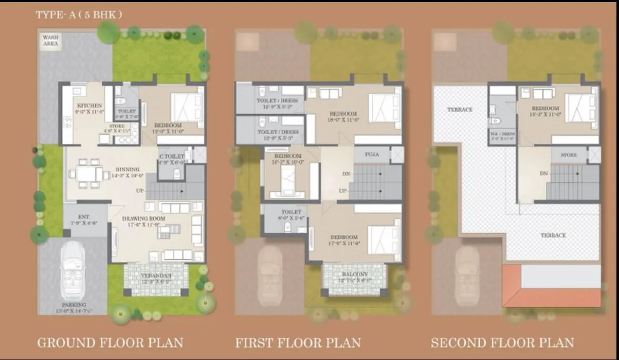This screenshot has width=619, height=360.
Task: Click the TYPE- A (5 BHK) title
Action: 79,15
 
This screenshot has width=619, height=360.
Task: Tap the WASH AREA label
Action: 50,41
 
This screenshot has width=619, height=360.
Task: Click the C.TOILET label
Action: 171,156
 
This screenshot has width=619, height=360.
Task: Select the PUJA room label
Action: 372,154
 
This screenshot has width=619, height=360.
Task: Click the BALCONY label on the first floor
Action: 354,274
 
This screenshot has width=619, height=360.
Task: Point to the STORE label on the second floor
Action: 569,155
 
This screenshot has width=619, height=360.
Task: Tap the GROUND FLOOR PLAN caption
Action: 110,343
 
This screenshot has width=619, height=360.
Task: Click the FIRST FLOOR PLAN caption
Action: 298,343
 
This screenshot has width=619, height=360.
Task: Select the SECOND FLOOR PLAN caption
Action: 502,343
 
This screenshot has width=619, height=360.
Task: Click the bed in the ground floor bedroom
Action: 186,107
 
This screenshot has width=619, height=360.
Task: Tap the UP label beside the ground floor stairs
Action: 140,191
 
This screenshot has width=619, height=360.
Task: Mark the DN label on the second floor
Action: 543,174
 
